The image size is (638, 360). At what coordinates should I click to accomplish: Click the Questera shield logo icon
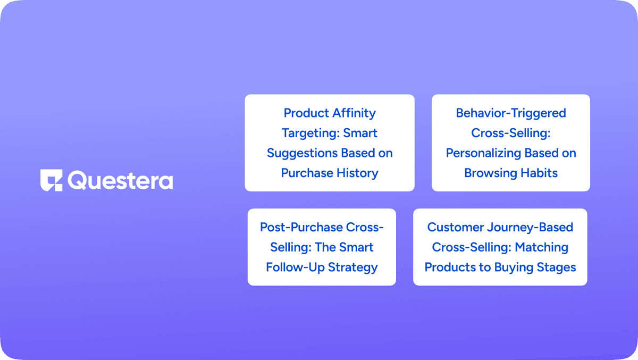pyautogui.click(x=51, y=180)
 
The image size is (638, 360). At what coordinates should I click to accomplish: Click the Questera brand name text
pyautogui.click(x=120, y=180)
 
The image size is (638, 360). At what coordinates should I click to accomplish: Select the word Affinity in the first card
pyautogui.click(x=354, y=113)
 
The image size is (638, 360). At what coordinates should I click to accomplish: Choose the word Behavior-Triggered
pyautogui.click(x=511, y=113)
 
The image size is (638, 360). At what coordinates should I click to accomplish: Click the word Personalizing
pyautogui.click(x=483, y=153)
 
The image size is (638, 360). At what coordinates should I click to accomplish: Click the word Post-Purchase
pyautogui.click(x=301, y=227)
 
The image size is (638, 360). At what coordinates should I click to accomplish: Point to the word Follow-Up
pyautogui.click(x=295, y=267)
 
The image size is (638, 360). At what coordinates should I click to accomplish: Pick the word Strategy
pyautogui.click(x=353, y=267)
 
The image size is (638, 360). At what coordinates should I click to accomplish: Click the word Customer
pyautogui.click(x=455, y=227)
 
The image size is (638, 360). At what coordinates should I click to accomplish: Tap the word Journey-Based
pyautogui.click(x=530, y=228)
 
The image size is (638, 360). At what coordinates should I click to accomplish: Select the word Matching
pyautogui.click(x=542, y=247)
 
